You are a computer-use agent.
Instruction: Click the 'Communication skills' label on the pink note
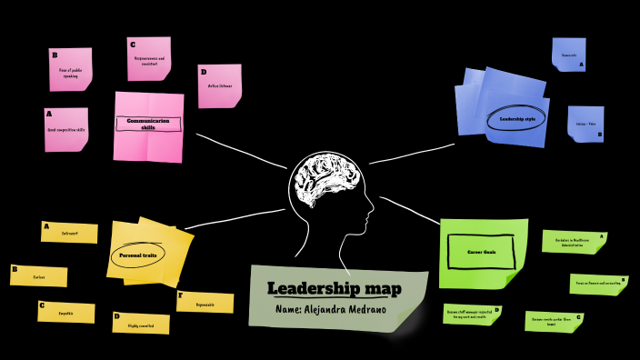pyautogui.click(x=148, y=125)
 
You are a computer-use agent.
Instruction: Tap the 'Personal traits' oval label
pyautogui.click(x=138, y=255)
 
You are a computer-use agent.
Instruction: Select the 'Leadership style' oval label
pyautogui.click(x=517, y=118)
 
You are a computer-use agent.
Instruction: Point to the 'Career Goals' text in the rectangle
pyautogui.click(x=482, y=251)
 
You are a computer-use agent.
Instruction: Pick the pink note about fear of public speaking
pyautogui.click(x=71, y=69)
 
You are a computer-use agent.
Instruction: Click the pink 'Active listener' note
pyautogui.click(x=219, y=85)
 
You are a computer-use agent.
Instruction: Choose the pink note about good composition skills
pyautogui.click(x=66, y=129)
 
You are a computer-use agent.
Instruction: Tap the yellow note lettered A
pyautogui.click(x=69, y=234)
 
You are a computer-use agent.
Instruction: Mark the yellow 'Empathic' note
pyautogui.click(x=66, y=313)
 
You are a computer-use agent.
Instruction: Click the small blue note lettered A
pyautogui.click(x=568, y=55)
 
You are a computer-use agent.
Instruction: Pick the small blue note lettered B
pyautogui.click(x=585, y=124)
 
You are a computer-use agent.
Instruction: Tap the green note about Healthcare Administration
pyautogui.click(x=574, y=242)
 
